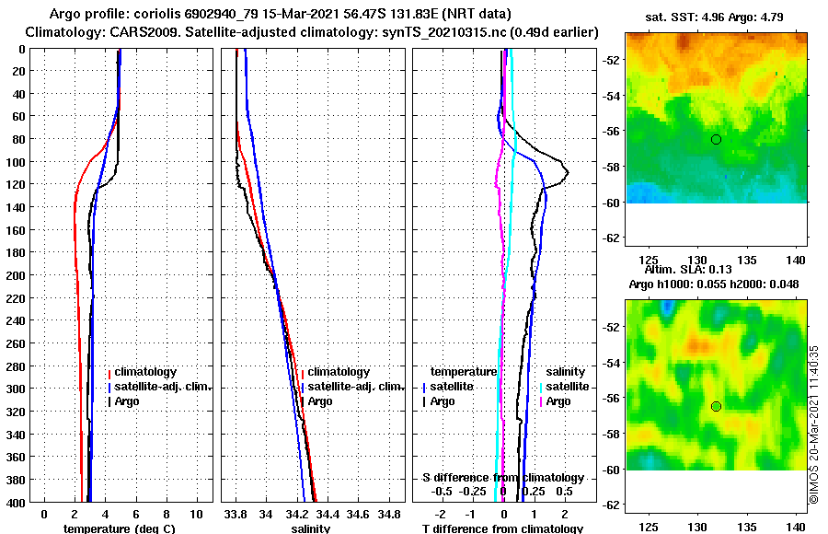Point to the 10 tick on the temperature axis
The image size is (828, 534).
coord(196,512)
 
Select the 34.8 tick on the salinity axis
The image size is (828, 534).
coord(389,512)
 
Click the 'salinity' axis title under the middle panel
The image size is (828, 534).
coord(311,528)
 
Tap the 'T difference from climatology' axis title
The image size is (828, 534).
coord(502,528)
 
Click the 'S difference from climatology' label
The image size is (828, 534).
coord(502,478)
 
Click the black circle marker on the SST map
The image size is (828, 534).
coord(716,139)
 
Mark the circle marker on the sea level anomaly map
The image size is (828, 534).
coord(716,406)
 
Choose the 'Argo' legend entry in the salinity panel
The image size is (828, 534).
coord(320,401)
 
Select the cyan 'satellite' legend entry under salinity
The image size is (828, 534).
coord(568,387)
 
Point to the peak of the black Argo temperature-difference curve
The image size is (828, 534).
coord(568,172)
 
